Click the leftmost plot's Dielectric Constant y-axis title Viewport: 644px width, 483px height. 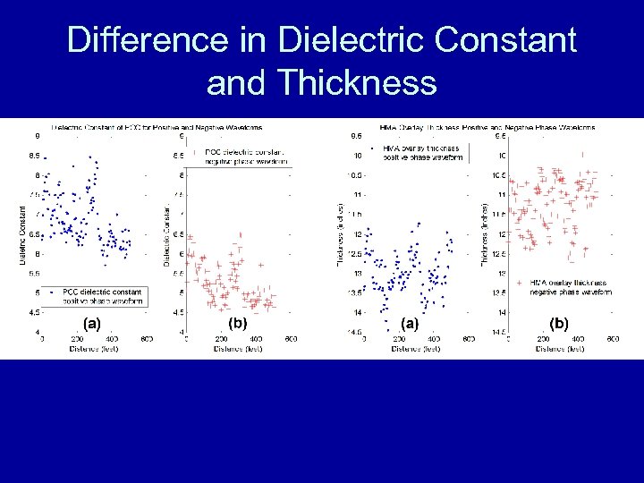23,234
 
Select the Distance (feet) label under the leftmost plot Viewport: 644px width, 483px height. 93,349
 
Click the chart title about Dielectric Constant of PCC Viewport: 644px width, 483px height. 157,128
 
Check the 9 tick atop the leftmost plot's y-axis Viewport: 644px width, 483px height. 37,137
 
